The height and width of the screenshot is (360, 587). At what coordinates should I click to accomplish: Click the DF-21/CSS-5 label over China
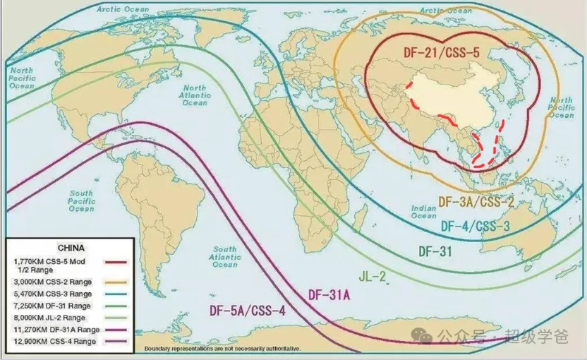click(x=442, y=52)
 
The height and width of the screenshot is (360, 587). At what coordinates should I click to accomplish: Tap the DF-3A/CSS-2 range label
click(x=476, y=202)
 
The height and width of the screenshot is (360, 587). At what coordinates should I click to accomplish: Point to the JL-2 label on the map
click(x=373, y=275)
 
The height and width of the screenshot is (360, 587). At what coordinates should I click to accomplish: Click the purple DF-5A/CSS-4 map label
click(x=247, y=311)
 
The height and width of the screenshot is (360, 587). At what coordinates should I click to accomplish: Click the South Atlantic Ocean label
click(x=225, y=258)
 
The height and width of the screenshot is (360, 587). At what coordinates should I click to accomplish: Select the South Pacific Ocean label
click(x=81, y=200)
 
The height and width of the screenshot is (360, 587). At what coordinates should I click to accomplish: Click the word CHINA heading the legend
click(x=70, y=248)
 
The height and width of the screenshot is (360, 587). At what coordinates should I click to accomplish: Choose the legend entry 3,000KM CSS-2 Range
click(x=52, y=282)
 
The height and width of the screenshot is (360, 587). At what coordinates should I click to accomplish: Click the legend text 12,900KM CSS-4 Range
click(x=53, y=342)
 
